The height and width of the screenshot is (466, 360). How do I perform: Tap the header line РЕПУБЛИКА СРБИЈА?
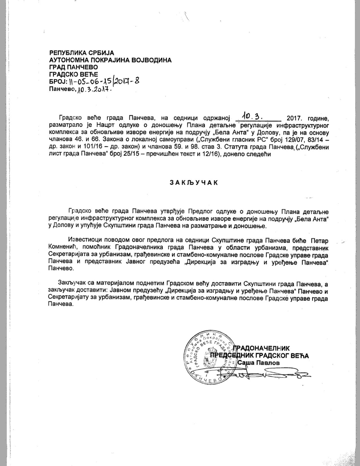pos(82,53)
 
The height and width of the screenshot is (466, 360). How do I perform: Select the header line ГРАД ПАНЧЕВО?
pos(74,67)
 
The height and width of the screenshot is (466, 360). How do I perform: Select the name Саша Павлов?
pos(259,363)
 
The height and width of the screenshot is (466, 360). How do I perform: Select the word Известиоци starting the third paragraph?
pos(86,241)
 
